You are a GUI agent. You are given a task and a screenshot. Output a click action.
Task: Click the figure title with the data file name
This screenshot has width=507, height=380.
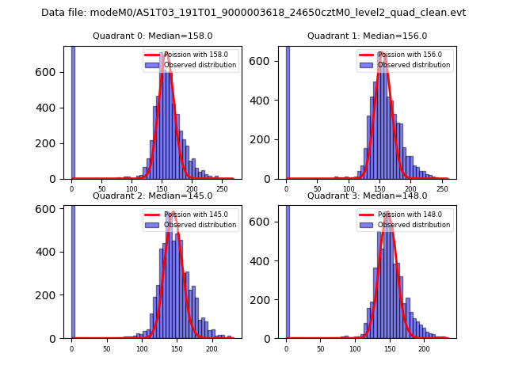pos(253,13)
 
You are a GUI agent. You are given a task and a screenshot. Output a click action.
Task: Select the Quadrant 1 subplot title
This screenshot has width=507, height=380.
pos(367,36)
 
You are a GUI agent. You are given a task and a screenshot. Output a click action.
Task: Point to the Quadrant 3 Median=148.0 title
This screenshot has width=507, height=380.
pos(367,196)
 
